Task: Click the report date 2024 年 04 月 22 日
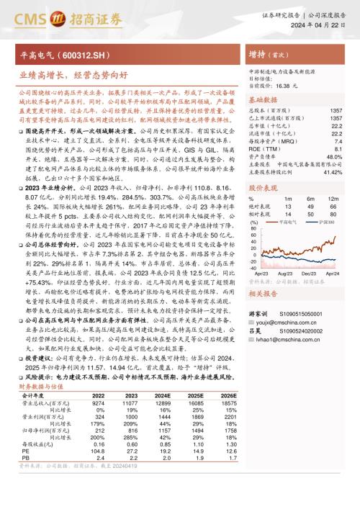point(320,24)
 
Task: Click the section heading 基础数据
point(264,100)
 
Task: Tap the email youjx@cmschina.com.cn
point(287,323)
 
